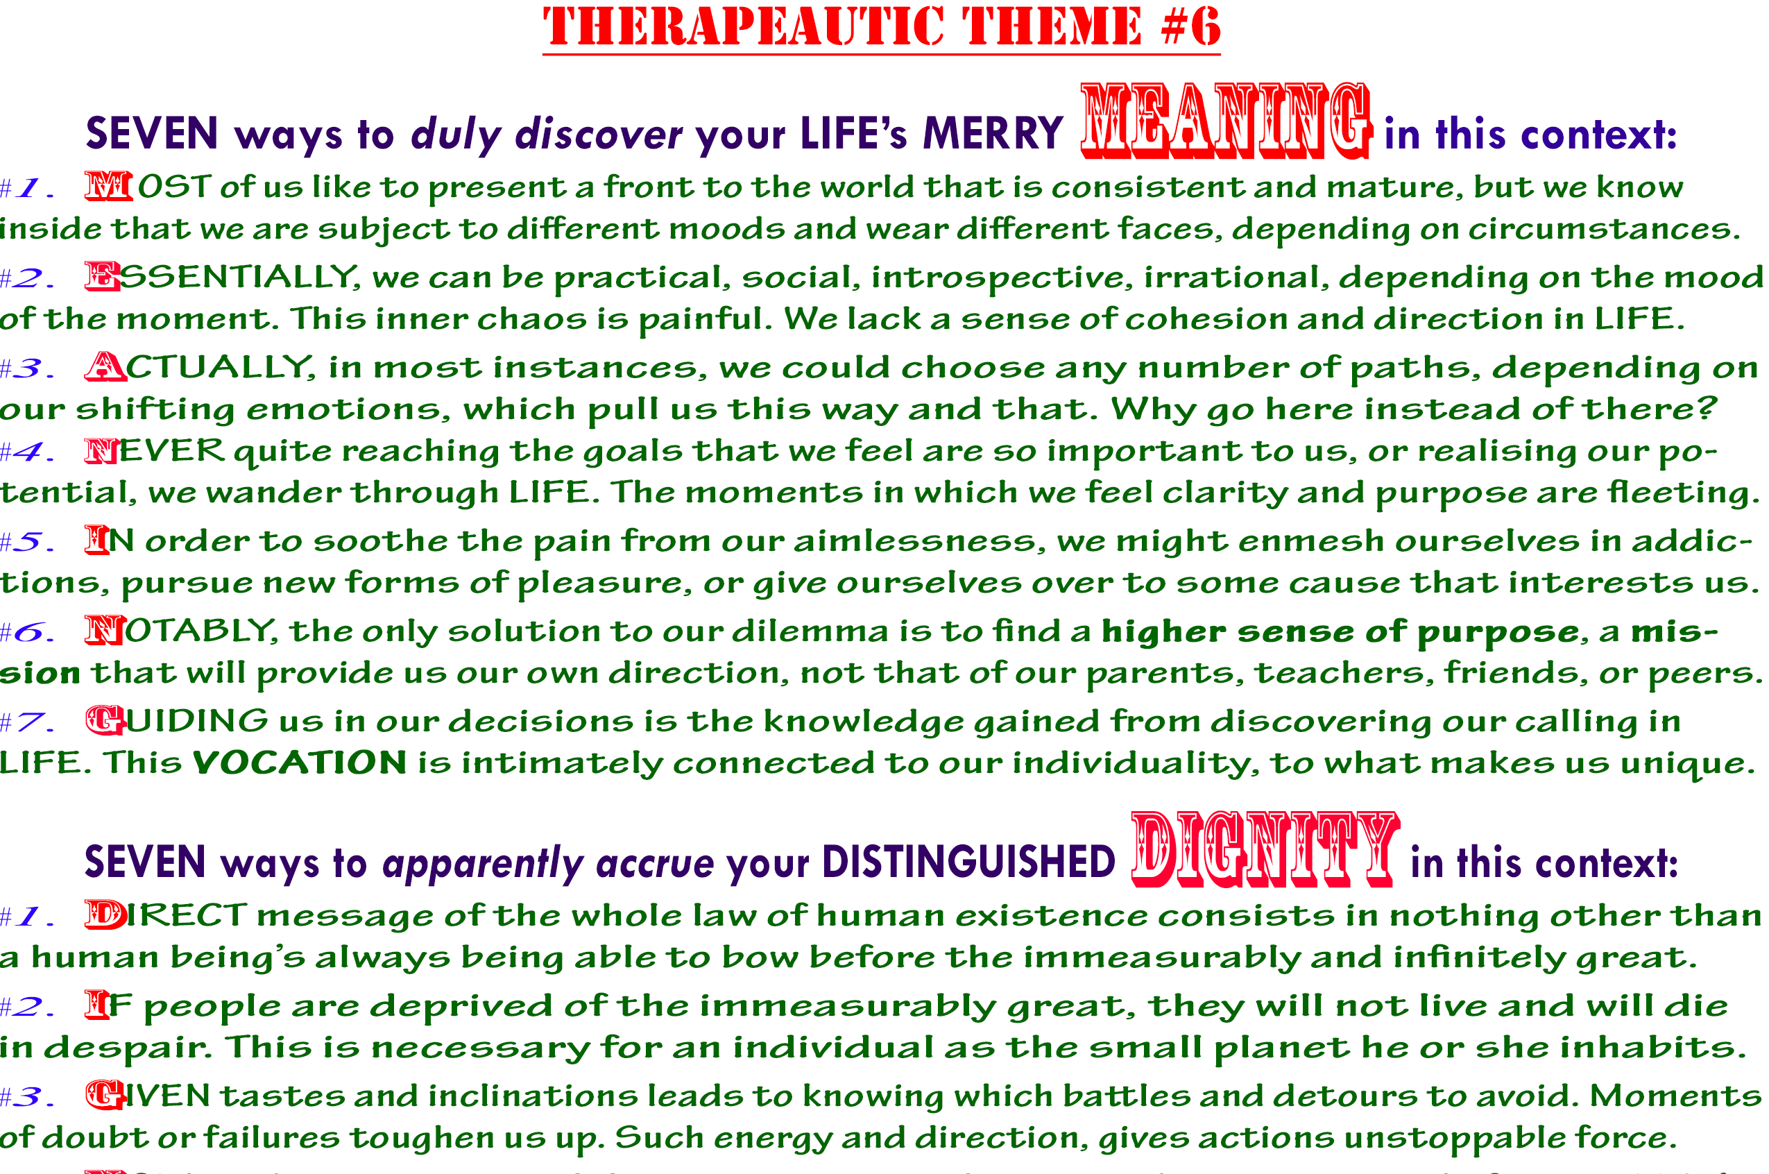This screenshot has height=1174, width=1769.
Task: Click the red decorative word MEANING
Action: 1226,121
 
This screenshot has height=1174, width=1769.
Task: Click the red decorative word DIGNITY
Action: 1264,850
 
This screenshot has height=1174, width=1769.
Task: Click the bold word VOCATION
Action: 300,763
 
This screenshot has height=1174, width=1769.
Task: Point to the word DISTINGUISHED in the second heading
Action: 968,862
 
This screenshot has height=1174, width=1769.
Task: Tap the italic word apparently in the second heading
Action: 483,863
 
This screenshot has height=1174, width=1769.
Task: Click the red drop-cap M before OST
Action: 108,187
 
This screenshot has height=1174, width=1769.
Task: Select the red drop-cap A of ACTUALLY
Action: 105,367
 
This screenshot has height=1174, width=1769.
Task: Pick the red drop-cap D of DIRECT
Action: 105,915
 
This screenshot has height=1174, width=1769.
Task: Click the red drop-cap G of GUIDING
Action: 104,720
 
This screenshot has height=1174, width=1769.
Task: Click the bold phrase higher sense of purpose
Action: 1340,632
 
